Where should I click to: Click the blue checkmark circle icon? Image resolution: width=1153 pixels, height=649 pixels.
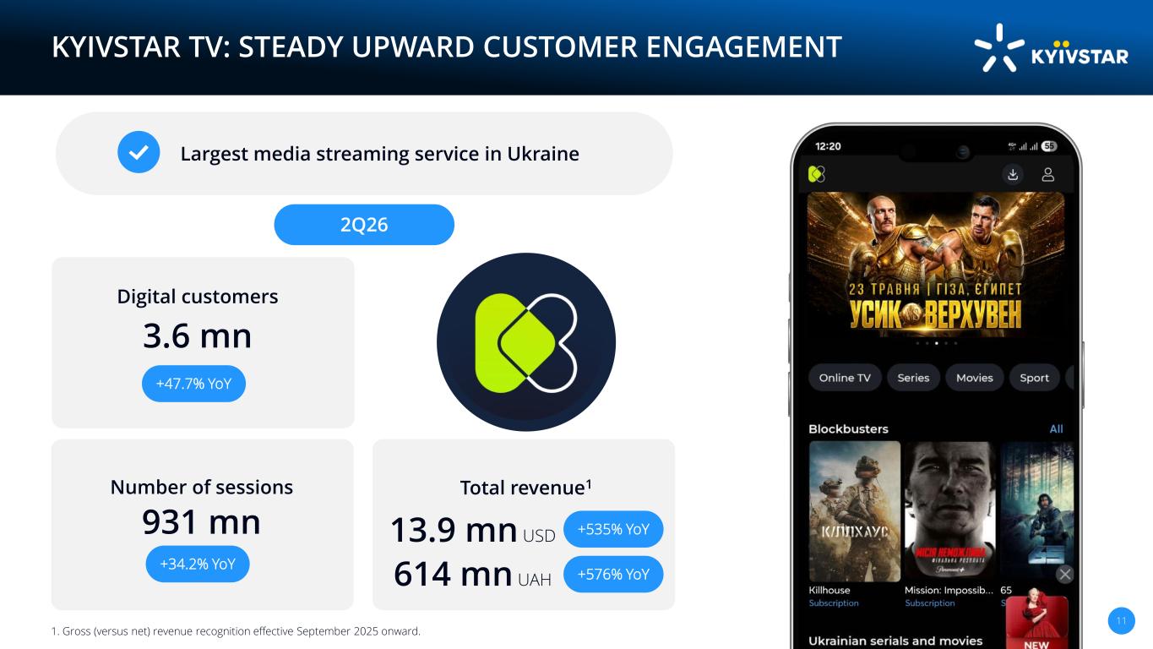coord(139,152)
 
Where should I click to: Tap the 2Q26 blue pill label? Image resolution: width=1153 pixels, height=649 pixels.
coord(364,225)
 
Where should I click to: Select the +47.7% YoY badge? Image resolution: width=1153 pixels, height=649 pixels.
coord(193,384)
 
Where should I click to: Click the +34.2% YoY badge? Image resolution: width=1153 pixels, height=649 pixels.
coord(198,564)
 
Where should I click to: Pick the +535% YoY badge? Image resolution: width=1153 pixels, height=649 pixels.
coord(613,529)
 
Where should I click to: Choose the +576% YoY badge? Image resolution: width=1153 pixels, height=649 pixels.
coord(613,575)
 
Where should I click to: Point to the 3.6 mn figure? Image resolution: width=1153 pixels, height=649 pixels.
coord(197,335)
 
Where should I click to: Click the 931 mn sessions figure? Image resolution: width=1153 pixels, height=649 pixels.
coord(201,521)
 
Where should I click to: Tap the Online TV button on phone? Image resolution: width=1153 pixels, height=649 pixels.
coord(845,378)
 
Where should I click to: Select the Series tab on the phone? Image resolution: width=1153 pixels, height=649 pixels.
coord(913,378)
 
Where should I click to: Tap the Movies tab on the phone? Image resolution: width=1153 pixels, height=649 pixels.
coord(975,378)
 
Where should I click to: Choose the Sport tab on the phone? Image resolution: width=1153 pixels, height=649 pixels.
coord(1034,378)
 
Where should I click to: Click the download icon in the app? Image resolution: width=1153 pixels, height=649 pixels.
coord(1013,175)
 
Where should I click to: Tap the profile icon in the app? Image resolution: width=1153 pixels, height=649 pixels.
coord(1048,175)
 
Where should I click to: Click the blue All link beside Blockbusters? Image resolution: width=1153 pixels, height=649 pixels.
coord(1056,428)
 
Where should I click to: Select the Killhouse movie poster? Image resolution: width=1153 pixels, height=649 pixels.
coord(855,511)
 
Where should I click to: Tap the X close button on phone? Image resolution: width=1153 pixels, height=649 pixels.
coord(1065,574)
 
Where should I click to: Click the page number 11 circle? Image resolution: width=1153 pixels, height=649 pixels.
coord(1121,620)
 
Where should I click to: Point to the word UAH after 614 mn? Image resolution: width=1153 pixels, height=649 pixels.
coord(535,580)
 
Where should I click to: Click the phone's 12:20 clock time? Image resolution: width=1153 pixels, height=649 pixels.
coord(828,146)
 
